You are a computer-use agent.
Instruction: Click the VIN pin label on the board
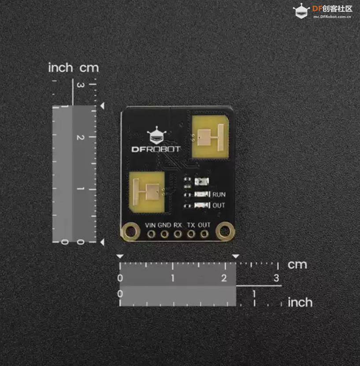coord(150,225)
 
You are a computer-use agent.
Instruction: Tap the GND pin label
coord(164,225)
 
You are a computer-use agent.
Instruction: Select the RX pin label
coord(178,225)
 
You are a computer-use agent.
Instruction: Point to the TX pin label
coord(191,225)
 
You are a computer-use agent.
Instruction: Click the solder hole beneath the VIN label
coord(151,234)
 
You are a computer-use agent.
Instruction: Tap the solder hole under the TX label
coord(191,234)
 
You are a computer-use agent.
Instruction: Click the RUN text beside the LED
coord(219,194)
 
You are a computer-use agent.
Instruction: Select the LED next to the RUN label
coord(202,194)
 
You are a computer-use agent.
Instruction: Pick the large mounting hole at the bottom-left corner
coord(130,231)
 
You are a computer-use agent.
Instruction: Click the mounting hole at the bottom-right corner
coord(225,231)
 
